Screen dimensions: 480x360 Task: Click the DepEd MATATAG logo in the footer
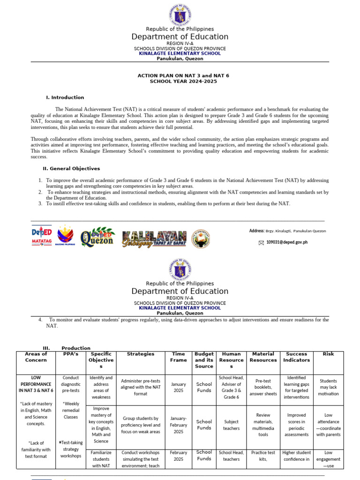click(x=42, y=236)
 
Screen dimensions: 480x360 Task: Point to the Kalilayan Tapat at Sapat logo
click(x=154, y=239)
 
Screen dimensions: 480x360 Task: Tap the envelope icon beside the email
click(x=261, y=242)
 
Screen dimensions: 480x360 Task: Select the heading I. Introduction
click(x=65, y=97)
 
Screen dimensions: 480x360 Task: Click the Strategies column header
click(x=140, y=354)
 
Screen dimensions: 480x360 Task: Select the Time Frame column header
click(x=178, y=357)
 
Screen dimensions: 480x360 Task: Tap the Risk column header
click(x=328, y=354)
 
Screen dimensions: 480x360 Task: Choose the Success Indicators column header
click(x=296, y=357)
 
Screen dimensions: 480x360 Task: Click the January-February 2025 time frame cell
click(x=178, y=425)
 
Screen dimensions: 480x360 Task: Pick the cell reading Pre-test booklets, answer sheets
click(x=263, y=387)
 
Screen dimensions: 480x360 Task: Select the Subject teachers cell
click(x=232, y=425)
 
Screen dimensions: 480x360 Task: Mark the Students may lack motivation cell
click(x=328, y=387)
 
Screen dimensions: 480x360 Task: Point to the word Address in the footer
click(x=256, y=231)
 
